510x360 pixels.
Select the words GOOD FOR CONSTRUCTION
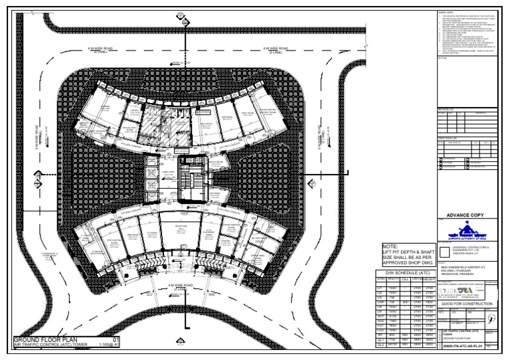467,304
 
